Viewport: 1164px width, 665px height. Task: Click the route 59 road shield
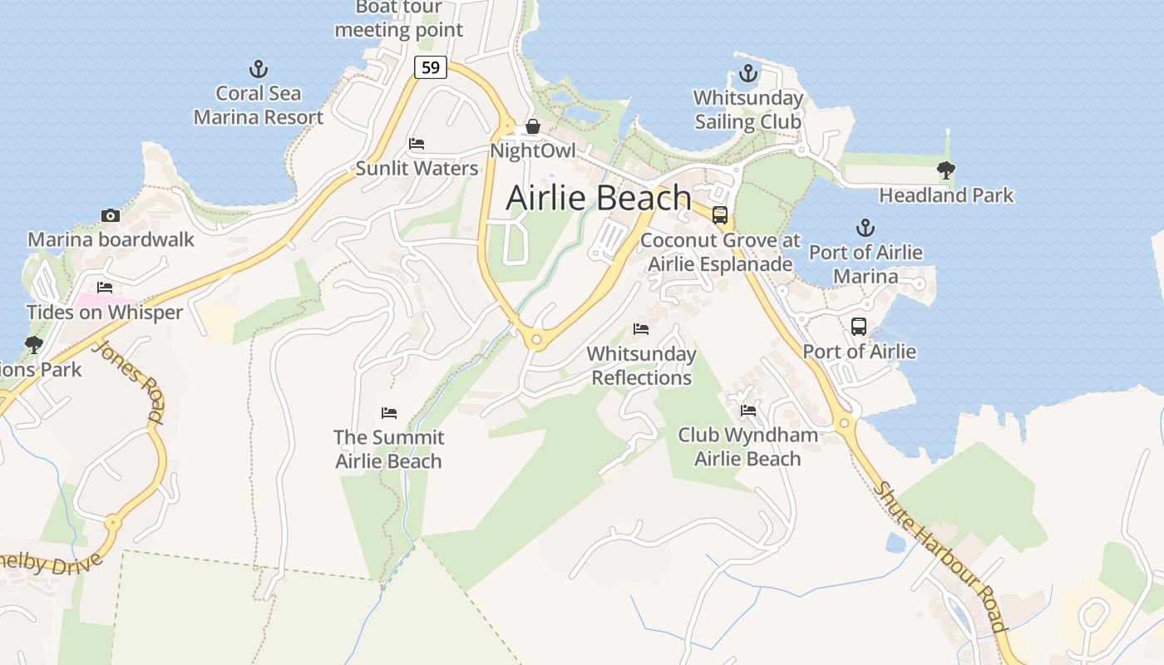pyautogui.click(x=431, y=67)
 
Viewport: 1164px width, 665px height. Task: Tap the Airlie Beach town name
pyautogui.click(x=599, y=198)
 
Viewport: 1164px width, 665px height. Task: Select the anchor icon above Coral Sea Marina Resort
pyautogui.click(x=259, y=69)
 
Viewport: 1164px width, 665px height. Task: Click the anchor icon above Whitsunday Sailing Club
pyautogui.click(x=748, y=73)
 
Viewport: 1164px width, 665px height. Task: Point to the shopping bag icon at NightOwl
pyautogui.click(x=533, y=126)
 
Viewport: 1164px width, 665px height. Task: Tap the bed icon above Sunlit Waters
pyautogui.click(x=417, y=144)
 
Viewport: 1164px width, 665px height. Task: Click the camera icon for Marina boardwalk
pyautogui.click(x=110, y=215)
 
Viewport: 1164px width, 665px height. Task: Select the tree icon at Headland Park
pyautogui.click(x=945, y=170)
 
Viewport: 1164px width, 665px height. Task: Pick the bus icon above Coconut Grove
pyautogui.click(x=720, y=215)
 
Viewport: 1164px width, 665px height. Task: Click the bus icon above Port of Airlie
pyautogui.click(x=859, y=327)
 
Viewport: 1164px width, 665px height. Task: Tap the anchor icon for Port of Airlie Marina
pyautogui.click(x=866, y=227)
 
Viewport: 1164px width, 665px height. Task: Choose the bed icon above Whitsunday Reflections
pyautogui.click(x=641, y=329)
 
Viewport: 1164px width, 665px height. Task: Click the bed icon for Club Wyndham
pyautogui.click(x=748, y=410)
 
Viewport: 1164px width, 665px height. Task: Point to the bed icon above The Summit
pyautogui.click(x=388, y=412)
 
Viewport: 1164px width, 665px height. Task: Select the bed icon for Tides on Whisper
pyautogui.click(x=105, y=288)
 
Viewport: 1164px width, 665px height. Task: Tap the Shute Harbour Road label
pyautogui.click(x=940, y=556)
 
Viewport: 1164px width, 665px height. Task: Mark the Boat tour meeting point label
pyautogui.click(x=398, y=19)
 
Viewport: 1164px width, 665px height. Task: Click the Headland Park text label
pyautogui.click(x=946, y=195)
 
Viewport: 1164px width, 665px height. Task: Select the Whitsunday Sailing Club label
pyautogui.click(x=748, y=110)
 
